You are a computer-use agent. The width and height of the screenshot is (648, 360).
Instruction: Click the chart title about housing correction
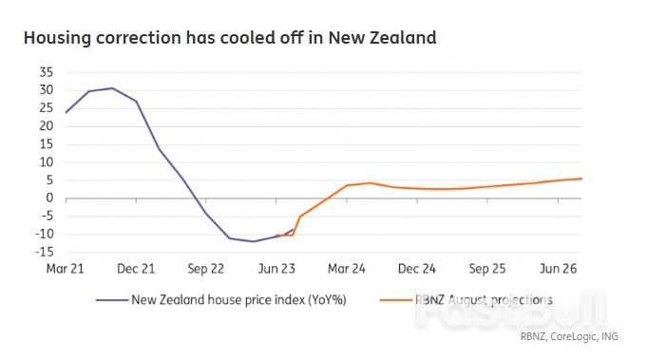229,39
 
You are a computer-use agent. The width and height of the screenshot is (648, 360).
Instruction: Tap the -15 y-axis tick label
44,253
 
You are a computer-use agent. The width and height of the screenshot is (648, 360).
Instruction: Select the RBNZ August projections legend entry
484,300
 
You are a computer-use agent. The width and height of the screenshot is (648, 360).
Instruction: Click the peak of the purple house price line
112,88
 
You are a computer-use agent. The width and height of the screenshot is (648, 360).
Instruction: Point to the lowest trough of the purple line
253,241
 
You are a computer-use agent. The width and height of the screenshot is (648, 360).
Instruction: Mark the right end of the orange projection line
581,179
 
